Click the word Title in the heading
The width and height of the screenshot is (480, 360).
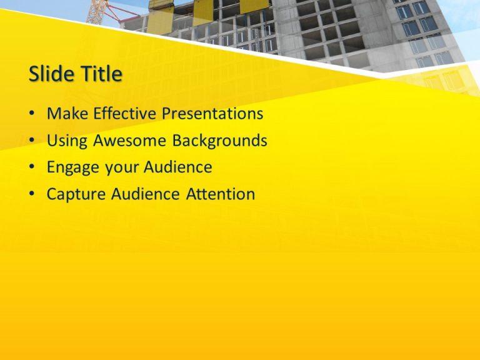click(102, 74)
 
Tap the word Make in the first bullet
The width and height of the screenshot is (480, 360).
click(67, 113)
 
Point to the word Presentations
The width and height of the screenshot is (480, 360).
click(212, 113)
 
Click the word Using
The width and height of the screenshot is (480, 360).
click(67, 141)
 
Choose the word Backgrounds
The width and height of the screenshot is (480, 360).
click(219, 141)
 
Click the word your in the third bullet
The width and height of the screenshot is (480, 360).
click(121, 169)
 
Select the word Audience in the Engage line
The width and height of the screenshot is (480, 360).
click(177, 167)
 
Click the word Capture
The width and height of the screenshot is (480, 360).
click(76, 195)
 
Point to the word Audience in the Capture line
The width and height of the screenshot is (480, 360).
click(145, 194)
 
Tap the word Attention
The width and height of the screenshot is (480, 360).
click(221, 194)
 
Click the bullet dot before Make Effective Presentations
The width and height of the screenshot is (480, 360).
click(32, 113)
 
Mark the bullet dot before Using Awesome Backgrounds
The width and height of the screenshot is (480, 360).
click(32, 140)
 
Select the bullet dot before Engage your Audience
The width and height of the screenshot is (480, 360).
click(32, 167)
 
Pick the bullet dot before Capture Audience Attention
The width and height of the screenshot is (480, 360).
click(32, 194)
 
